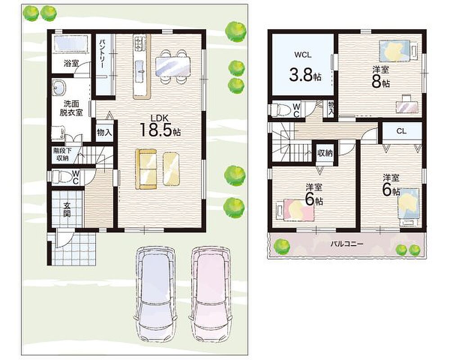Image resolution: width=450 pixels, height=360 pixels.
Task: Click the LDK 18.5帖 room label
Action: [160, 126]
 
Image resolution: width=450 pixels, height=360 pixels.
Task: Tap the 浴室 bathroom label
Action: [71, 63]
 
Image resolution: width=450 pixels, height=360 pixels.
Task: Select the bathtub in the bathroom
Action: [71, 44]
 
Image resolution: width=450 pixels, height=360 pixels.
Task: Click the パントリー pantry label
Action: [102, 54]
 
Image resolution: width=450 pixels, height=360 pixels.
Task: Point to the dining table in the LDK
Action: [173, 66]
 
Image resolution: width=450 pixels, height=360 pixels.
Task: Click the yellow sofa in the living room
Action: [146, 169]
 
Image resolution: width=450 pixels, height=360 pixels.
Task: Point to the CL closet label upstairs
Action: [401, 131]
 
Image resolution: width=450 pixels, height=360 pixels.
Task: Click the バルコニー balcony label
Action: [346, 244]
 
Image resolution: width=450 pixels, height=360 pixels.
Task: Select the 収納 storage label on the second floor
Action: [324, 153]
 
